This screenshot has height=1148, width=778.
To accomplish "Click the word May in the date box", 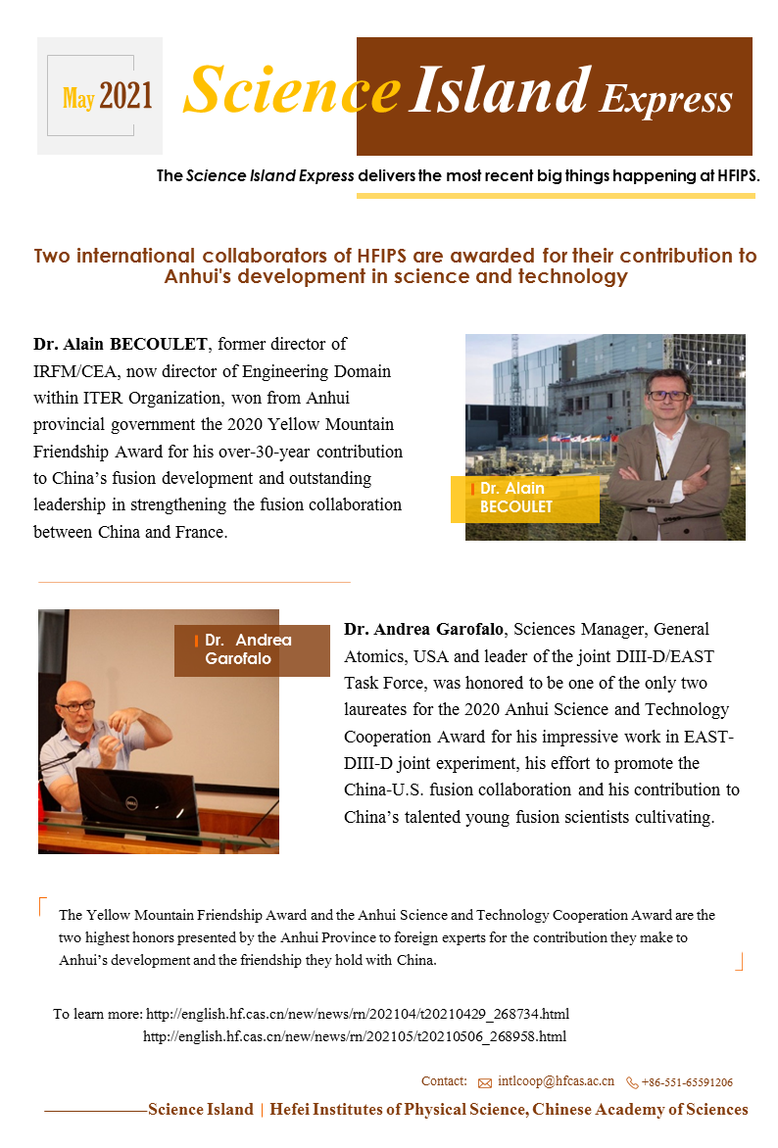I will [78, 98].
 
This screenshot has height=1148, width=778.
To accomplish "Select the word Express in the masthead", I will [666, 99].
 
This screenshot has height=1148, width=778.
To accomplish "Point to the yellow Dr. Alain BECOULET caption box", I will [524, 499].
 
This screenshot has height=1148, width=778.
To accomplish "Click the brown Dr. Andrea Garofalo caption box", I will [252, 649].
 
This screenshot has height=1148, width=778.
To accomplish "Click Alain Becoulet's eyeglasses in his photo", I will [668, 395].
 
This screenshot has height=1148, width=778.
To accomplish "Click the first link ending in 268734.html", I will [357, 1014].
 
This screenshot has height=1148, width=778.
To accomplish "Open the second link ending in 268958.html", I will [355, 1036].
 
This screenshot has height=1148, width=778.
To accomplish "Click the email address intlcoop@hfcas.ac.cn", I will [556, 1081].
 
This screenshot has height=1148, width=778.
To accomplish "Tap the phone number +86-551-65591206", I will [687, 1082].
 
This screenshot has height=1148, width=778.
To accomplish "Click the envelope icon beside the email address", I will [485, 1083].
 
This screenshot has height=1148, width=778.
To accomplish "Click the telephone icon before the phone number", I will [632, 1083].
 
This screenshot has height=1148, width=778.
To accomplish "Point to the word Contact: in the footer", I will [444, 1081].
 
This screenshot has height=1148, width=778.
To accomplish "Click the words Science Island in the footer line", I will [201, 1110].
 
